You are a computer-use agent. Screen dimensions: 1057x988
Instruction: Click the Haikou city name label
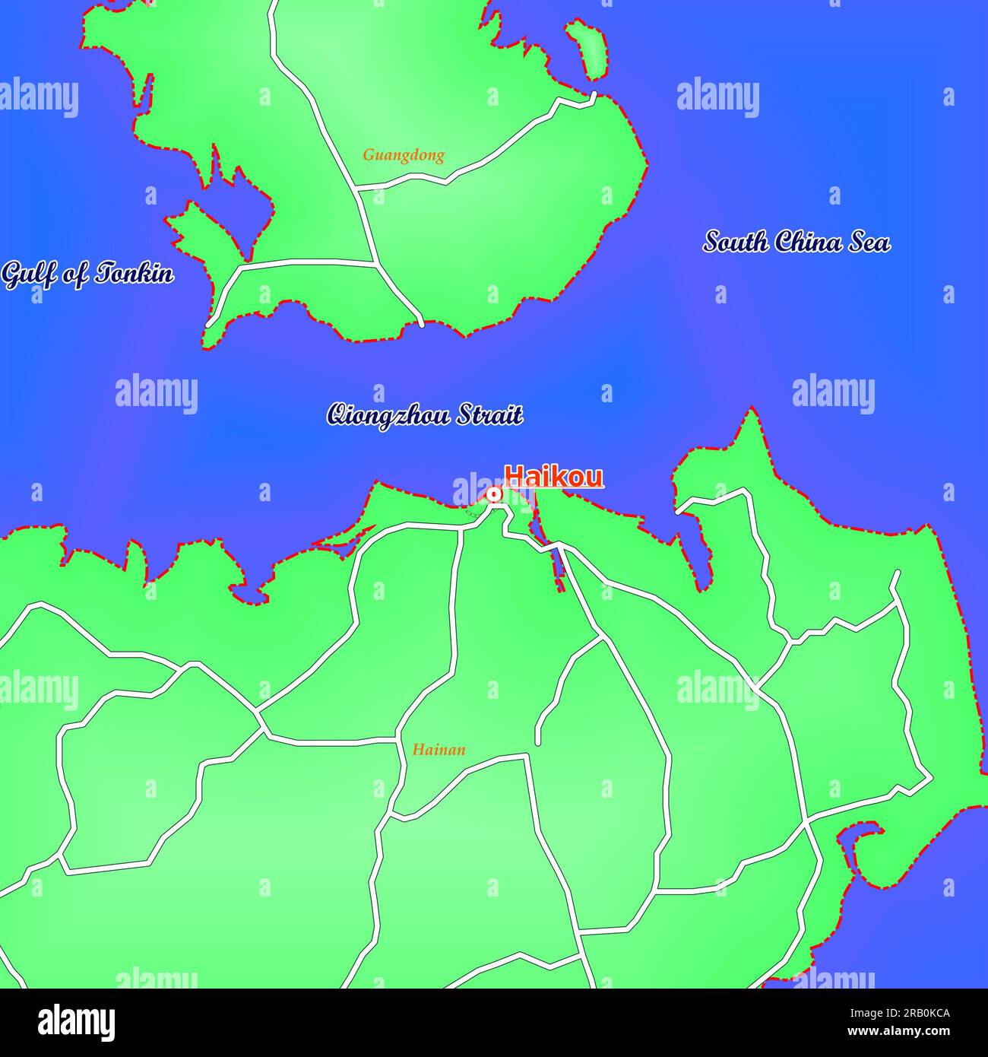(x=554, y=477)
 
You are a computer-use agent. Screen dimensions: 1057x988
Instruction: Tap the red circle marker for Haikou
(x=494, y=495)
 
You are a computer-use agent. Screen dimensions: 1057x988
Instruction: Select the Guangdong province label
(x=403, y=155)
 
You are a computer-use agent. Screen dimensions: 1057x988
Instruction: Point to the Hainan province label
(x=439, y=750)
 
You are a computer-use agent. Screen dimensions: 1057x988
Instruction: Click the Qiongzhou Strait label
(x=424, y=415)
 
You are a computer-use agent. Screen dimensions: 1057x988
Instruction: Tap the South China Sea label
(x=796, y=242)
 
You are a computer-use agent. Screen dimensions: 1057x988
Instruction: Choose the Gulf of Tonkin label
(x=87, y=274)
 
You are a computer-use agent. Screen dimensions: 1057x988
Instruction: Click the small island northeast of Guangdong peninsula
(x=591, y=49)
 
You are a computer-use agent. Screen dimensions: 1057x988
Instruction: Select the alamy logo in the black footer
(x=76, y=1022)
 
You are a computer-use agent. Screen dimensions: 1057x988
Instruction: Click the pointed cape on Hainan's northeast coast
(x=752, y=413)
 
